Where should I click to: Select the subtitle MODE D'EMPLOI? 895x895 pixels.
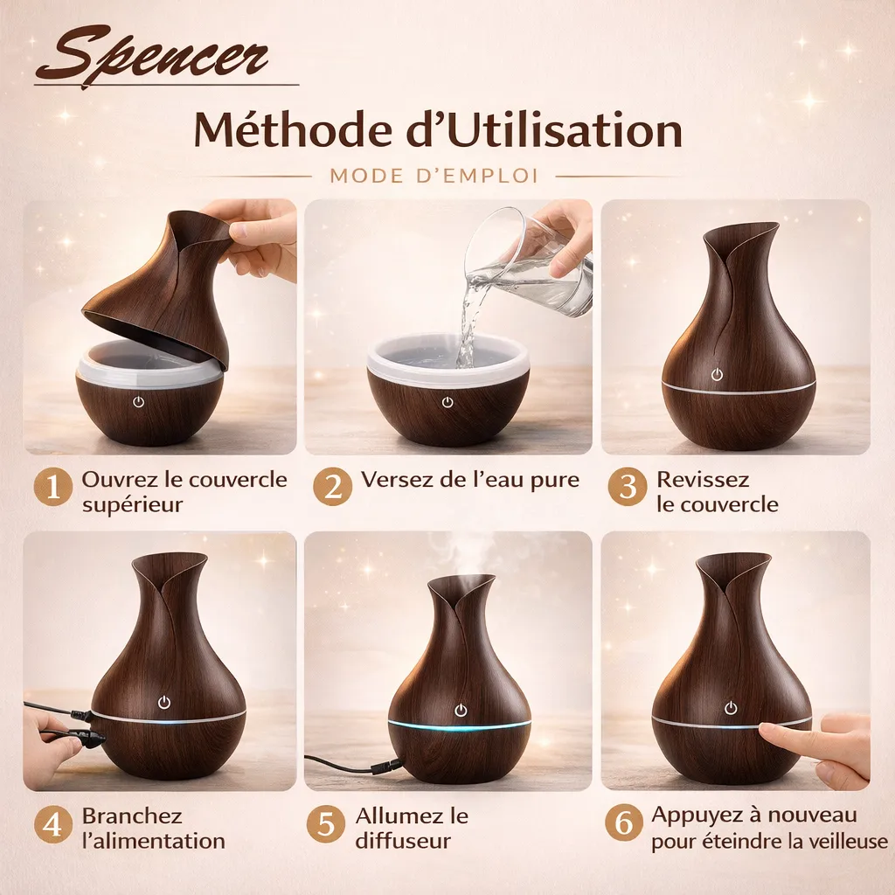(434, 176)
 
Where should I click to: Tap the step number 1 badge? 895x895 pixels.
(53, 488)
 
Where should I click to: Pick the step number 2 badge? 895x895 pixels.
(332, 487)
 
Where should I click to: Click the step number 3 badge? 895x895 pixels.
(628, 487)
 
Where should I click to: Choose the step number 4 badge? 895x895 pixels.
(53, 825)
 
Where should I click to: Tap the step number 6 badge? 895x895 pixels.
(624, 823)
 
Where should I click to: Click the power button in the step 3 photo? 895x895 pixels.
(717, 374)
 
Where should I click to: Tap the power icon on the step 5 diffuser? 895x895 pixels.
(461, 711)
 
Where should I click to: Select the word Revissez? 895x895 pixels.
(703, 480)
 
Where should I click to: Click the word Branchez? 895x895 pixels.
(132, 815)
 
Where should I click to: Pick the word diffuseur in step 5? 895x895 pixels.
(402, 841)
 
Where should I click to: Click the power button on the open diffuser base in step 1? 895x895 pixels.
(138, 402)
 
